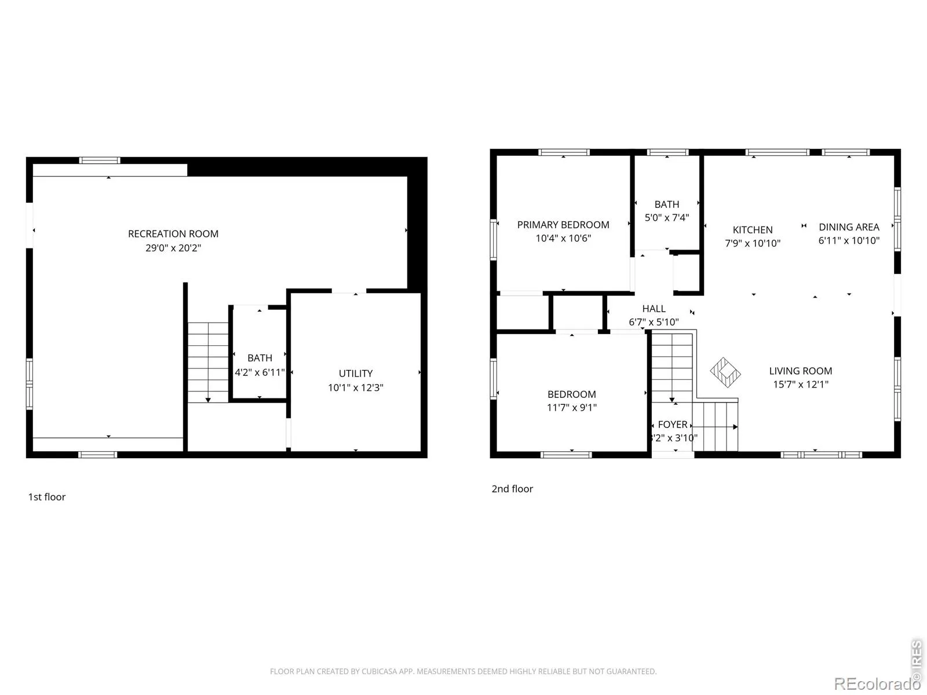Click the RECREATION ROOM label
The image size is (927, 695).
click(x=173, y=234)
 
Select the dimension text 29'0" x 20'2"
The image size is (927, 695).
click(x=173, y=248)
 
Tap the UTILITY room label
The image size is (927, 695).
click(x=356, y=374)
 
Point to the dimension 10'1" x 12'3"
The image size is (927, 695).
click(x=356, y=387)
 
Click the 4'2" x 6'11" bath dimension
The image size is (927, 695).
click(x=260, y=372)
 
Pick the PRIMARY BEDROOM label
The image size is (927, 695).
click(x=563, y=225)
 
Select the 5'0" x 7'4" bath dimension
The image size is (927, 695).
click(x=667, y=217)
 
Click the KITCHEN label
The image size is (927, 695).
click(x=753, y=230)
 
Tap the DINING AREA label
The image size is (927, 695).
click(x=849, y=227)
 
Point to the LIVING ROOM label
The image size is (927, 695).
click(x=800, y=371)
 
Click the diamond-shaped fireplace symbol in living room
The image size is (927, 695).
click(x=725, y=372)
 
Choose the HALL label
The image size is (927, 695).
click(x=654, y=309)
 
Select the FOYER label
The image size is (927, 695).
click(x=673, y=424)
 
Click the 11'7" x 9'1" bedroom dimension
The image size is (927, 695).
click(x=572, y=407)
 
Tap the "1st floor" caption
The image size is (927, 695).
click(x=47, y=497)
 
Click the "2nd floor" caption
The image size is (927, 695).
click(x=512, y=489)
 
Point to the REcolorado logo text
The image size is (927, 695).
click(x=877, y=683)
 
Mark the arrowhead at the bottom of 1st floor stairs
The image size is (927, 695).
click(x=208, y=400)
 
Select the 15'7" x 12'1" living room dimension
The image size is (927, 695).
click(x=801, y=385)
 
